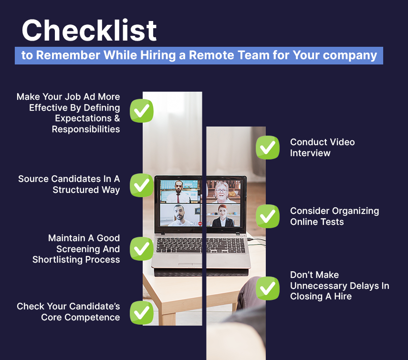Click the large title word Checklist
coord(89,30)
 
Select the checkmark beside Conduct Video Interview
coord(268,148)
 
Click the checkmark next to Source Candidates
coord(142,185)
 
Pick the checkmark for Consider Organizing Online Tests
coord(268,216)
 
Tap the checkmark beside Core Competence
coord(142,313)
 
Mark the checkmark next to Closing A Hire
coord(268,288)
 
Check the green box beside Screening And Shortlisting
coord(142,249)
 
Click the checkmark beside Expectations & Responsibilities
coord(142,111)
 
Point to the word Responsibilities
coord(86,129)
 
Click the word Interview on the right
coord(310,153)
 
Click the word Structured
coord(76,190)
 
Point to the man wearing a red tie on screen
coord(178,192)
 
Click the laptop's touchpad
coord(191,260)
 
